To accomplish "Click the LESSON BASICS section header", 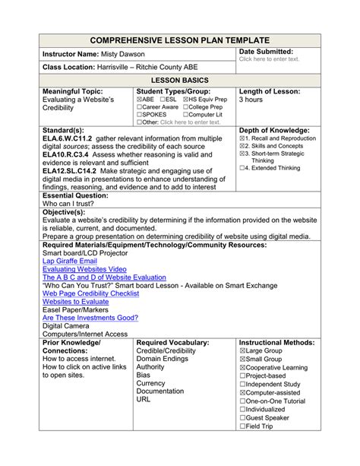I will pos(180,80).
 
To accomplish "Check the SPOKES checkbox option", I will pos(141,113).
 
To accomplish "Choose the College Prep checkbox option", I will pos(185,106).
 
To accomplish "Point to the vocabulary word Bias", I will pos(144,375).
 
